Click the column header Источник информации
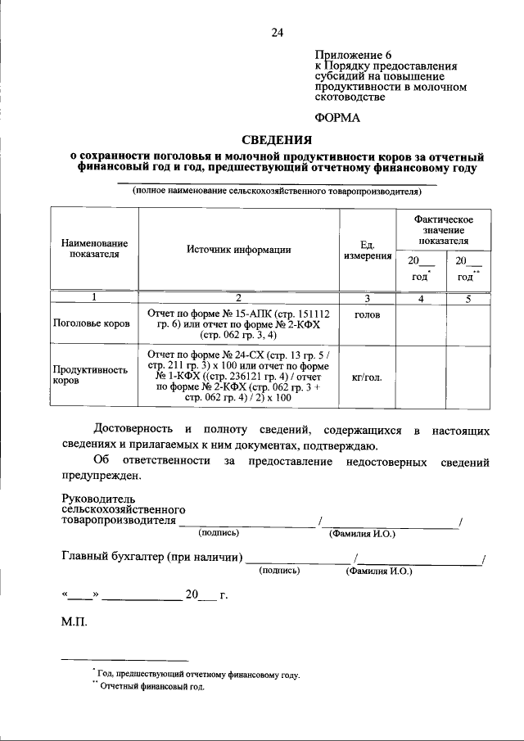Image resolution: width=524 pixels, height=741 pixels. [x=237, y=250]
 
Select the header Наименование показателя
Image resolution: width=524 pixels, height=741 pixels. [x=94, y=249]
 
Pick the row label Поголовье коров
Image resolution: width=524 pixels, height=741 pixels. [x=92, y=323]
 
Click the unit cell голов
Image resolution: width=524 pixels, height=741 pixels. [x=367, y=313]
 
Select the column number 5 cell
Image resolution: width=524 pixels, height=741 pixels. [x=469, y=298]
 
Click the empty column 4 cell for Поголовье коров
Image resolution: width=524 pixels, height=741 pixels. [x=420, y=323]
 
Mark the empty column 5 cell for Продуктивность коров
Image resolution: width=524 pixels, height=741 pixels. [x=469, y=375]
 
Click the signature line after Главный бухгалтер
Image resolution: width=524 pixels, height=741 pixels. [x=296, y=562]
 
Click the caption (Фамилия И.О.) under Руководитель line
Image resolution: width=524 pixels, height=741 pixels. [x=361, y=534]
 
